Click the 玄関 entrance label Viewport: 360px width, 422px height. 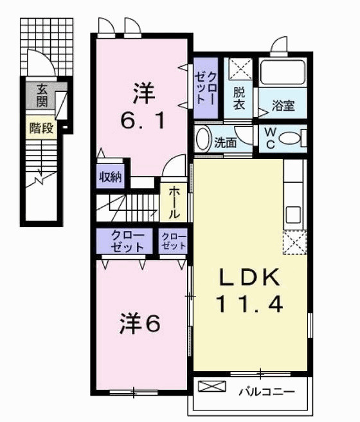[x=42, y=96]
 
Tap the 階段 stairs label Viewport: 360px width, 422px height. [x=41, y=128]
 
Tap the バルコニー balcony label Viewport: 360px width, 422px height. [x=266, y=390]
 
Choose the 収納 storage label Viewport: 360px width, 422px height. [x=111, y=176]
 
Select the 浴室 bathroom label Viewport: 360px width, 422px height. [x=283, y=105]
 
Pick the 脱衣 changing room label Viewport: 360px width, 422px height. [x=239, y=98]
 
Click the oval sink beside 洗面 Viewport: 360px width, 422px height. [x=203, y=140]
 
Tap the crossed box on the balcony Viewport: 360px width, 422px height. [x=212, y=387]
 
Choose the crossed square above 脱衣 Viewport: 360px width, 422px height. [x=241, y=67]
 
